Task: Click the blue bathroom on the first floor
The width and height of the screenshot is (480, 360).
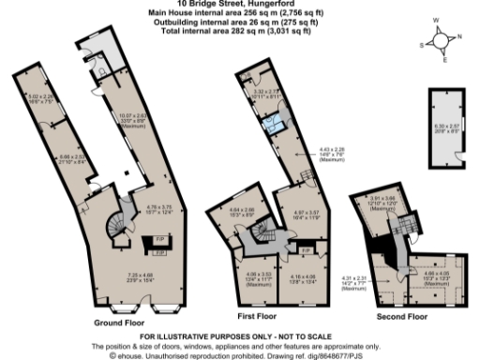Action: (x=276, y=127)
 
